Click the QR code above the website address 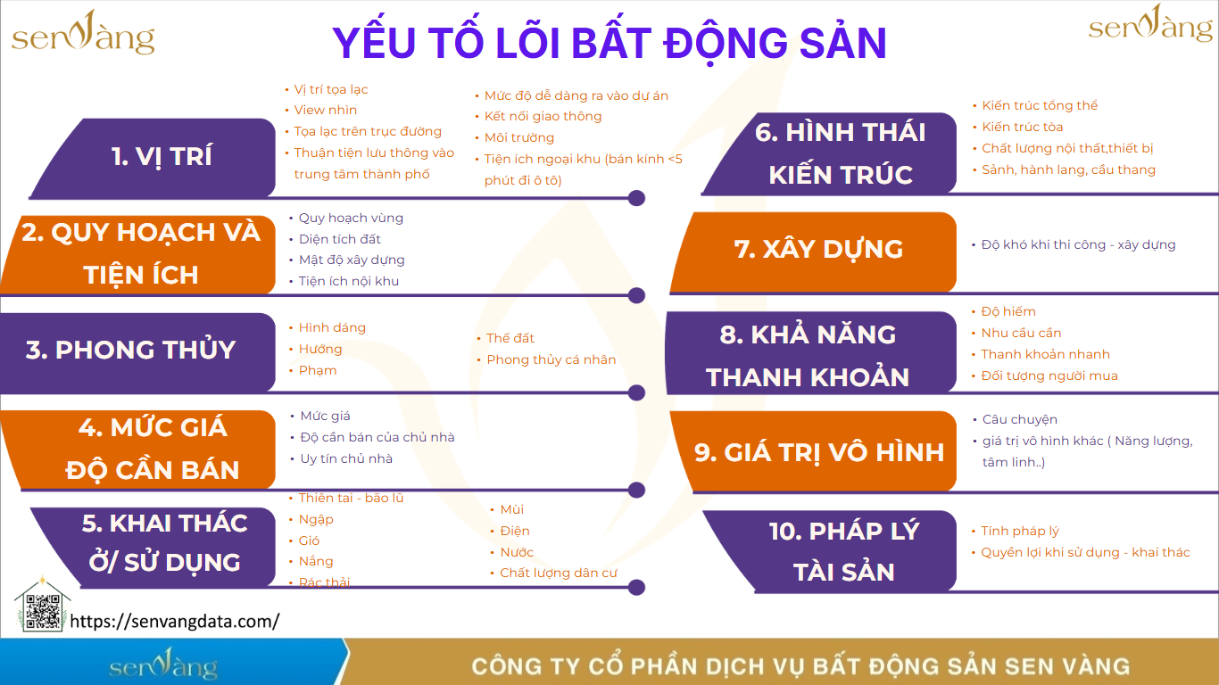(x=43, y=612)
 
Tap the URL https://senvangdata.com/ (x=175, y=621)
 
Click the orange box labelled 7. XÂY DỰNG (x=814, y=252)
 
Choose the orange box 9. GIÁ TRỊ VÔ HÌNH (x=814, y=451)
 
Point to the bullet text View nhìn (x=326, y=110)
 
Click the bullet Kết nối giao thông (x=543, y=117)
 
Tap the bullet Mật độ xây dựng (x=352, y=260)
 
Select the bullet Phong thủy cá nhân (x=551, y=359)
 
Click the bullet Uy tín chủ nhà (x=346, y=458)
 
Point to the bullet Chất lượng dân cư (x=559, y=573)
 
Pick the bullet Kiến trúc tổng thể (x=1040, y=105)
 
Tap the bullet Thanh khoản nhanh (x=1045, y=354)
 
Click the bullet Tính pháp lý (x=1020, y=531)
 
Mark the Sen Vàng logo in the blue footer (x=163, y=664)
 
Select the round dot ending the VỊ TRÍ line (x=636, y=198)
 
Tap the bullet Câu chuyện (x=1020, y=419)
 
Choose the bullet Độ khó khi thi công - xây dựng (x=1079, y=245)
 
